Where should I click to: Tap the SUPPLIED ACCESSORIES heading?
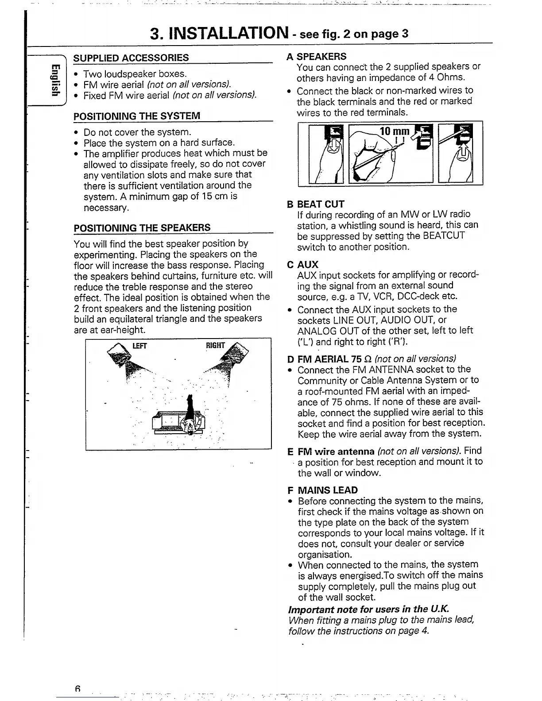coord(131,58)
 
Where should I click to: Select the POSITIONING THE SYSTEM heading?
coord(137,116)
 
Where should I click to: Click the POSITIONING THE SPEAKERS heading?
coord(142,228)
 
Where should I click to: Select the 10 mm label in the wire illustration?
coord(395,131)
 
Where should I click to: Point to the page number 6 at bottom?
coord(77,689)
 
